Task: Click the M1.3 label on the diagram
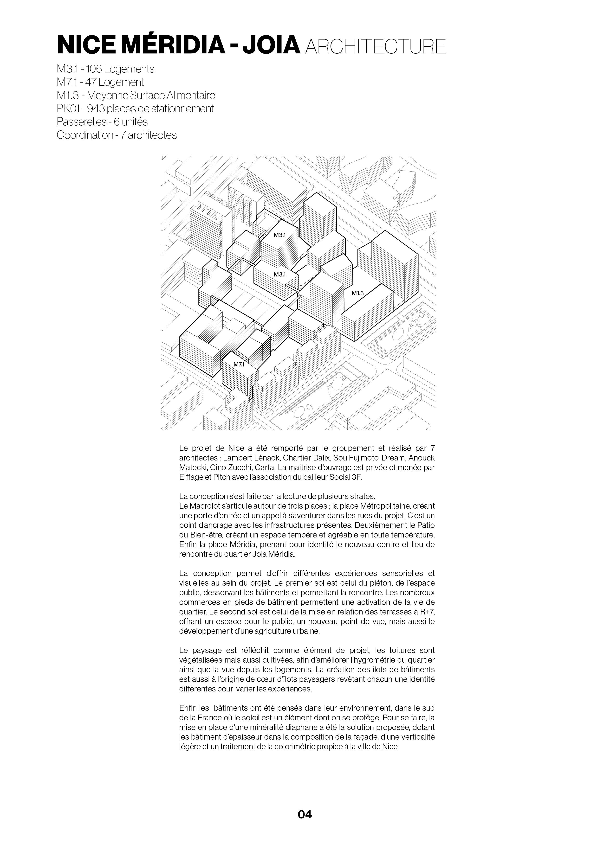(x=357, y=293)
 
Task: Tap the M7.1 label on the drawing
(x=239, y=364)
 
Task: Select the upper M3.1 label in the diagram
(x=280, y=235)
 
